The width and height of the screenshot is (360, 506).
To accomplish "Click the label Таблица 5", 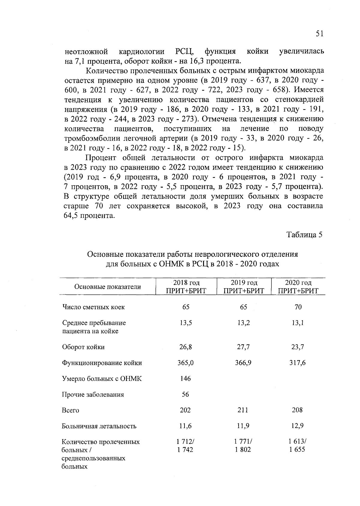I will point(304,235).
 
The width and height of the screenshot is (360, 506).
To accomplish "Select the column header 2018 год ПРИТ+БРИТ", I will point(186,287).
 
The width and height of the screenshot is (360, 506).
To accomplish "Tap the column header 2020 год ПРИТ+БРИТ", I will point(298,287).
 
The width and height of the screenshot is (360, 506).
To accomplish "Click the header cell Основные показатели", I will point(107,287).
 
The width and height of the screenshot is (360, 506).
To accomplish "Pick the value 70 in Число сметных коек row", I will point(298,307).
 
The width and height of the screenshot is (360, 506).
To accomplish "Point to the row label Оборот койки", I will point(83,347).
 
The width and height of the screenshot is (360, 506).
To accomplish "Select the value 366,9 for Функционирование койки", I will point(243,363).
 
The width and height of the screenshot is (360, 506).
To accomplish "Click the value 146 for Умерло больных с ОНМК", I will point(185,379).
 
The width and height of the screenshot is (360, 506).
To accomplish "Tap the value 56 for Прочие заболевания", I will point(185,394).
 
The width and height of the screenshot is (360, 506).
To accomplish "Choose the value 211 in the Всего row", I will point(243,410).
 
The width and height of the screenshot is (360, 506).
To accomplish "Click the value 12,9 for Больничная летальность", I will point(298,426).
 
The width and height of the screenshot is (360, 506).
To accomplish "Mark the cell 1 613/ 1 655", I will point(297,446).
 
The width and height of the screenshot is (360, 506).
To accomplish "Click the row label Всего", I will point(70,410).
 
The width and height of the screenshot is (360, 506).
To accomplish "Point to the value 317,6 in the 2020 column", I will point(298,363).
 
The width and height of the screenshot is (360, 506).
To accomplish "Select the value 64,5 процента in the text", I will point(89,216).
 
